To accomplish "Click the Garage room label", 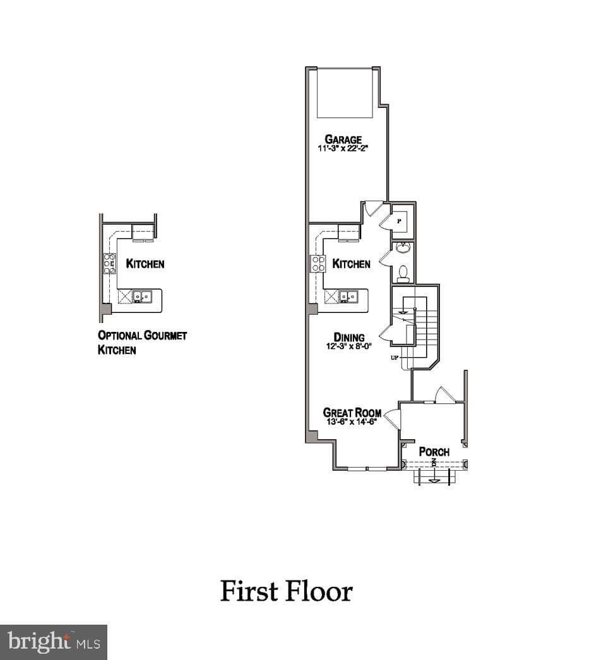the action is click(x=343, y=139).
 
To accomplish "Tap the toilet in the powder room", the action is click(x=403, y=274).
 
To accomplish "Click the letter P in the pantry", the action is click(x=399, y=221).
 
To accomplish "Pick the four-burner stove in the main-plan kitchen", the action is click(x=318, y=264).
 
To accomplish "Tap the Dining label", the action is click(x=349, y=337).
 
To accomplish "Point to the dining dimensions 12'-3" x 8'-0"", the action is click(x=349, y=346).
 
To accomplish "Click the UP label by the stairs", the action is click(x=395, y=358).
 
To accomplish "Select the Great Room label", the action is click(x=352, y=413).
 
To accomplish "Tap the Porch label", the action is click(x=434, y=452).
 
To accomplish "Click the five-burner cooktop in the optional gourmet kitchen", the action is click(x=109, y=264).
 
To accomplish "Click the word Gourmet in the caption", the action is click(x=165, y=336).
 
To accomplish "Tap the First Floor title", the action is click(x=287, y=591).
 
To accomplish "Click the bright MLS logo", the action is click(x=54, y=642).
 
